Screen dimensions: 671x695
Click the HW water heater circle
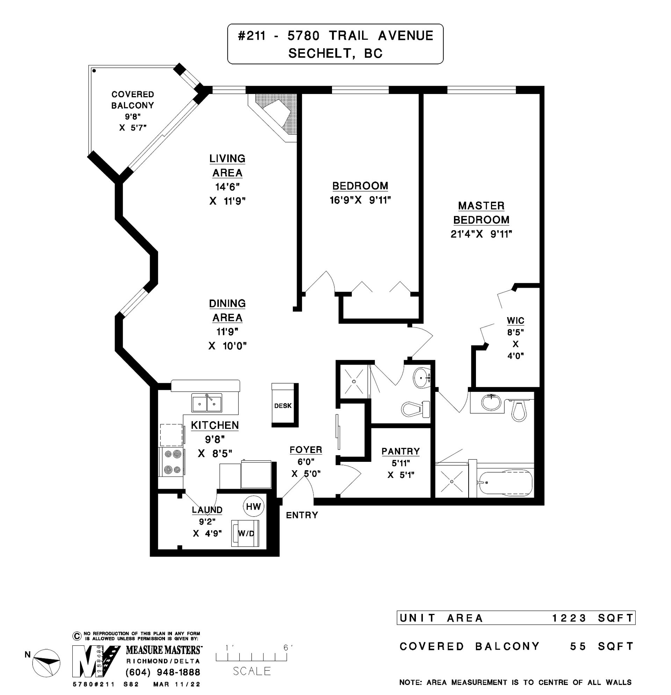point(253,506)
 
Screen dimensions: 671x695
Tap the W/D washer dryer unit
point(245,533)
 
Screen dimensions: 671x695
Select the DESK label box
point(283,405)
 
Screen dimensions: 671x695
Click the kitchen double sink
point(207,402)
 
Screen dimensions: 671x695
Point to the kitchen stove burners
point(172,462)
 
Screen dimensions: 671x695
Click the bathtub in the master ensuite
point(505,483)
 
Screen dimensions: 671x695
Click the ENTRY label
point(302,515)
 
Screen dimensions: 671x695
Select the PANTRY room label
point(401,451)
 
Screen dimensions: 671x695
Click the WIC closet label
point(515,321)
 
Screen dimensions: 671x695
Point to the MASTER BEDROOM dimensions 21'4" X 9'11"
point(481,234)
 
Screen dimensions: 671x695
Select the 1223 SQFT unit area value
point(593,618)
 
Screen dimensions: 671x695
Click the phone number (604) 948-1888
point(163,672)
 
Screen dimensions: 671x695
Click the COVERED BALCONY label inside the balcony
point(132,100)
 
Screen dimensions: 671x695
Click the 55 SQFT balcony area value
point(601,646)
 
